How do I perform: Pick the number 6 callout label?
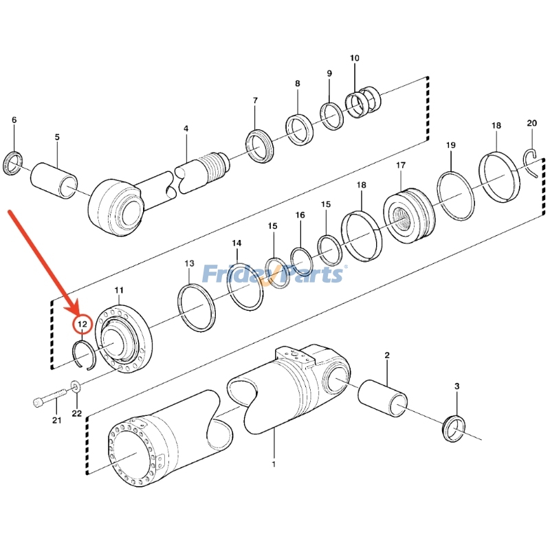(x=13, y=121)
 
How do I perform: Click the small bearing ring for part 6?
(x=13, y=164)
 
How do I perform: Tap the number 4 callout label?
(x=186, y=129)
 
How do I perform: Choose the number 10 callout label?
(x=354, y=58)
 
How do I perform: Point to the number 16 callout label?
(x=300, y=215)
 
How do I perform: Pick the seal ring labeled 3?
(x=454, y=428)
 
